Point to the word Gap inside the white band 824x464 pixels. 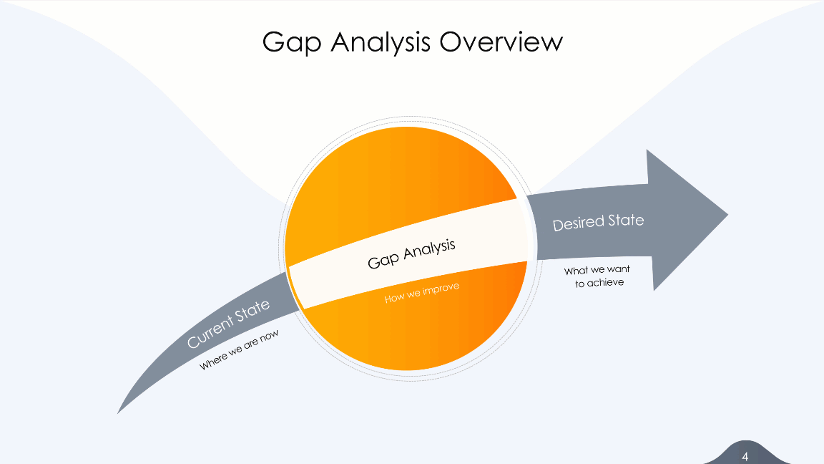[384, 259]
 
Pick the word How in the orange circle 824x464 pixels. [395, 297]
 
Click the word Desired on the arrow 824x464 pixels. [578, 223]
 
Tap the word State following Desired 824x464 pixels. [626, 219]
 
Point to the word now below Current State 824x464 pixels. [268, 336]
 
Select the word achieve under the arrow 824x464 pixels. [606, 283]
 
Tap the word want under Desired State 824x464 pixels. [618, 270]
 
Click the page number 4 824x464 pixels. [745, 456]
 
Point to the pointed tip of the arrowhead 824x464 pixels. [726, 214]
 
